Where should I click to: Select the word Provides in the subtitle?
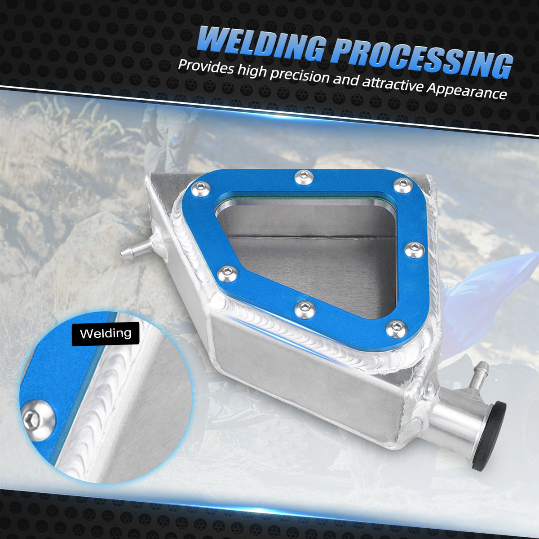click(x=206, y=67)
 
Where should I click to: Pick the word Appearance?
click(x=467, y=90)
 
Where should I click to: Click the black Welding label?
click(x=106, y=334)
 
